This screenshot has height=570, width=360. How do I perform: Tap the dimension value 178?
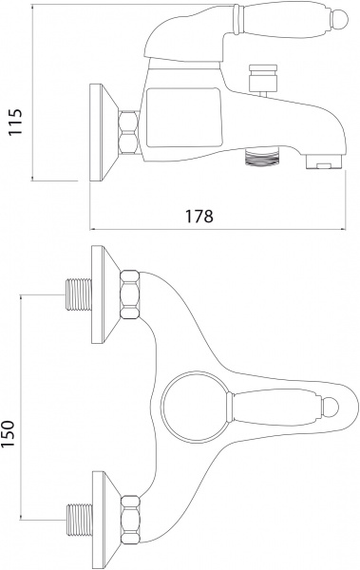tap(199, 216)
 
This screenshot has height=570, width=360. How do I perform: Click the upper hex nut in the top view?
tap(129, 295)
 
